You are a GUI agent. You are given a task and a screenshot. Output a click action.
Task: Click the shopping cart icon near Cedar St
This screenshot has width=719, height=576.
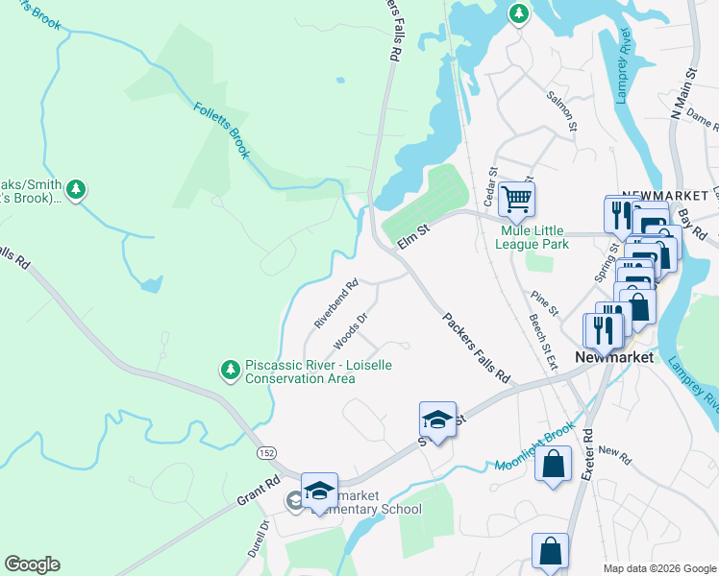pos(517,199)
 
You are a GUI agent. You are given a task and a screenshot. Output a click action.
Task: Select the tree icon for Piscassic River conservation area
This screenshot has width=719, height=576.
pos(230,370)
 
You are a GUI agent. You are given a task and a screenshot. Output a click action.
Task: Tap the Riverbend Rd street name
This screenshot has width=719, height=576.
pos(336,303)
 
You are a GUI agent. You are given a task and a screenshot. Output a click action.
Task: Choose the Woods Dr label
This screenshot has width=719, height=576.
pos(351,330)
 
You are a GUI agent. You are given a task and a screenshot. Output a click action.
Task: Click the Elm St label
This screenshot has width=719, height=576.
pos(412,235)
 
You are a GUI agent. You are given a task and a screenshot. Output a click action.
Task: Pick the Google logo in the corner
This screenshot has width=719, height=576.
pos(32,564)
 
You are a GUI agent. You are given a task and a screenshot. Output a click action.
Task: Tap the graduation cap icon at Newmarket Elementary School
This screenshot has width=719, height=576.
pos(319,491)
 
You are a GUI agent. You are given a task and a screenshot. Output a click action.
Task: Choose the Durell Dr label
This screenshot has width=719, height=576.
pos(264,539)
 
